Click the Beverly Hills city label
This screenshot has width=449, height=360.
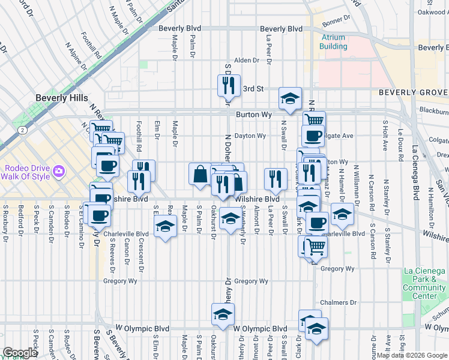pyautogui.click(x=62, y=98)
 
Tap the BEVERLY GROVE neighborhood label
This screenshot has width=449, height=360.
pyautogui.click(x=413, y=92)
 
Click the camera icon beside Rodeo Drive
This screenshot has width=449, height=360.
pyautogui.click(x=59, y=172)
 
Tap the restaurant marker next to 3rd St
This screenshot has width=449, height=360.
pyautogui.click(x=229, y=87)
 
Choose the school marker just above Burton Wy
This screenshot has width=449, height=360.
pyautogui.click(x=290, y=99)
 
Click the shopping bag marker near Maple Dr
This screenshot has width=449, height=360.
pyautogui.click(x=200, y=175)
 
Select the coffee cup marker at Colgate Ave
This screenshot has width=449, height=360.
pyautogui.click(x=312, y=136)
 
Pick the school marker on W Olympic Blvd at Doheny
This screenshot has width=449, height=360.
pyautogui.click(x=223, y=315)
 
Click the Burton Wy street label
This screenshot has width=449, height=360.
pyautogui.click(x=258, y=114)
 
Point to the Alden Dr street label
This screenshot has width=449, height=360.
pyautogui.click(x=246, y=61)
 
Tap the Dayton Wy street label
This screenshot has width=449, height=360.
pyautogui.click(x=250, y=136)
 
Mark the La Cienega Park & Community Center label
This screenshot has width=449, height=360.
pyautogui.click(x=424, y=284)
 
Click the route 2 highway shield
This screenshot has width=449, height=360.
pyautogui.click(x=22, y=130)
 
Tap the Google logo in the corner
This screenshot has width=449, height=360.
pyautogui.click(x=20, y=353)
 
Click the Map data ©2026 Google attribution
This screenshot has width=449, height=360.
pyautogui.click(x=412, y=355)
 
